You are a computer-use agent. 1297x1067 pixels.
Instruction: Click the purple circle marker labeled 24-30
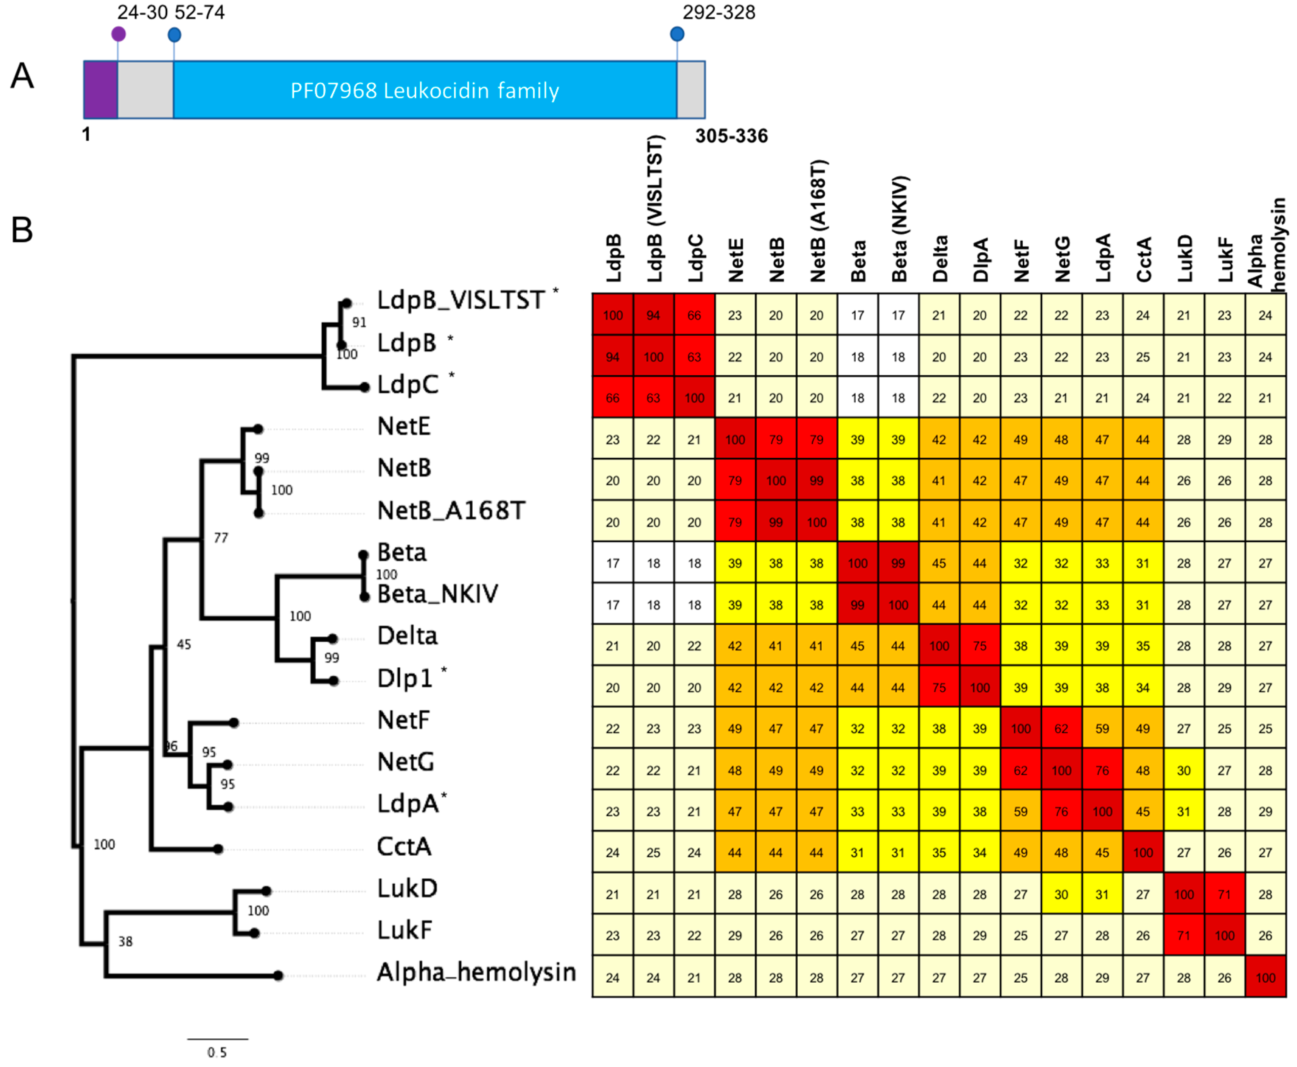coord(119,34)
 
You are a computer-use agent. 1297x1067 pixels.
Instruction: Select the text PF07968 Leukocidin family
coord(425,91)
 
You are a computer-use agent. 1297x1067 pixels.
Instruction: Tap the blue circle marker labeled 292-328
coord(677,34)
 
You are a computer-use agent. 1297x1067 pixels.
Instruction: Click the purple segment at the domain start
coord(100,90)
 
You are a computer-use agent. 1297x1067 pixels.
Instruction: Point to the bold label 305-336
coord(731,136)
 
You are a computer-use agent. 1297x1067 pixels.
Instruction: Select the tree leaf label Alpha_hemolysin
coord(476,972)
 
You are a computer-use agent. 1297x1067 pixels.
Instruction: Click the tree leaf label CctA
coord(404,846)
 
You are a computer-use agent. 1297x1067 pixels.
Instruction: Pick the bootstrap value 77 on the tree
coord(220,538)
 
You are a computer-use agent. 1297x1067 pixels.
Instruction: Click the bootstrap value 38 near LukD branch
coord(125,941)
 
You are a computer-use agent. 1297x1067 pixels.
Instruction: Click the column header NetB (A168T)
coord(818,221)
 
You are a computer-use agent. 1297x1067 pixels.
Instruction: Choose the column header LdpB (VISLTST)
coord(655,209)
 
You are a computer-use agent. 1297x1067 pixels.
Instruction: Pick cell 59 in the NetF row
coord(1102,728)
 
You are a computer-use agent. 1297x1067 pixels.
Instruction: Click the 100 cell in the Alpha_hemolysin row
coord(1265,977)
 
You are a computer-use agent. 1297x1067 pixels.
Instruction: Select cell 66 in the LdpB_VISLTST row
coord(694,315)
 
